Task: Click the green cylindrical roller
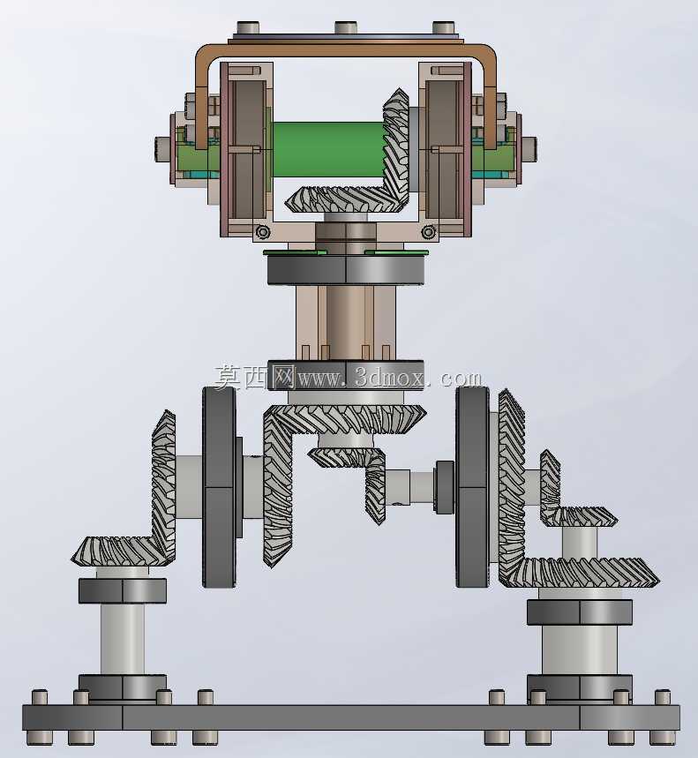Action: click(x=328, y=149)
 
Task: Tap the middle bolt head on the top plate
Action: click(x=345, y=27)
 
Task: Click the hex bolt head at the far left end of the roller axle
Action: click(x=161, y=148)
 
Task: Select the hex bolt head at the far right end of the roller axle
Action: click(x=529, y=148)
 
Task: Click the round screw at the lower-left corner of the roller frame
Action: click(x=262, y=232)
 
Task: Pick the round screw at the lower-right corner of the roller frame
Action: click(x=428, y=232)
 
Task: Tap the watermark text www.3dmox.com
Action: click(x=390, y=378)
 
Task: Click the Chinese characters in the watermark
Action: click(x=255, y=377)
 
